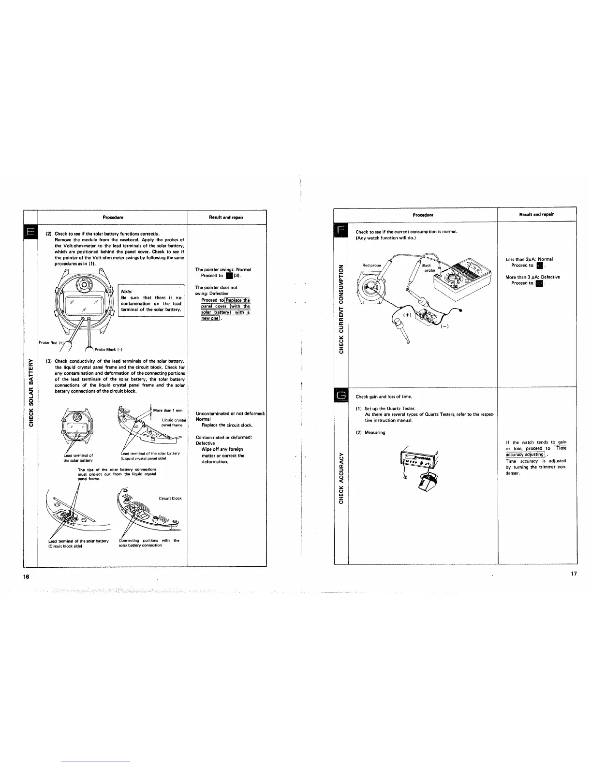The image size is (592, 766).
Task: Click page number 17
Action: click(x=575, y=574)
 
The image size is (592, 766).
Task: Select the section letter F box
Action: click(x=341, y=229)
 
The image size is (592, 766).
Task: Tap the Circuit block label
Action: click(x=170, y=498)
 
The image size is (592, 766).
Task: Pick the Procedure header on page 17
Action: click(x=423, y=214)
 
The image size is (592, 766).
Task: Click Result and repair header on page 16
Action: click(x=227, y=217)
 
